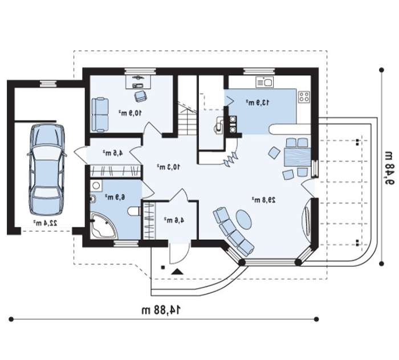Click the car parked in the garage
click(47, 170)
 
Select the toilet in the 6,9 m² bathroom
click(134, 211)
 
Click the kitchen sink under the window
click(264, 82)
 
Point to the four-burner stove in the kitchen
click(304, 97)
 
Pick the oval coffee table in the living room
click(244, 219)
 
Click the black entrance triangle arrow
click(177, 272)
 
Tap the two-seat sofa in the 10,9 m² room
click(100, 115)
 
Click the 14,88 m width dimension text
click(161, 310)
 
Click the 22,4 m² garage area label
click(45, 223)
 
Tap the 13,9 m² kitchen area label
click(257, 103)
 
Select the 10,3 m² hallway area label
click(168, 167)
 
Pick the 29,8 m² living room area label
click(263, 200)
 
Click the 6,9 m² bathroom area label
click(115, 197)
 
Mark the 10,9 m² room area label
click(130, 113)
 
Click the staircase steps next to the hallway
click(188, 120)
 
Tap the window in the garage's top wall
click(48, 83)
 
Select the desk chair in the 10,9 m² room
click(140, 96)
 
